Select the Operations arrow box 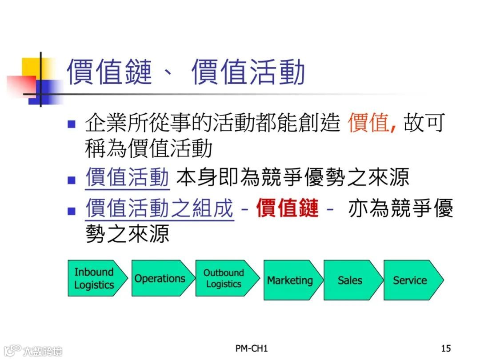pos(160,278)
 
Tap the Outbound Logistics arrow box pos(224,278)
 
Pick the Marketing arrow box pos(290,280)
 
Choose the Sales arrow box pos(350,280)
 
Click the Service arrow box pos(410,280)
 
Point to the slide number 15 pos(446,348)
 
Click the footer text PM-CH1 pos(252,348)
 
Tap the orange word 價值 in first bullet pos(368,123)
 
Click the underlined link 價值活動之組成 pos(159,208)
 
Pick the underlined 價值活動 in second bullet pos(127,178)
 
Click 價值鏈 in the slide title pos(109,72)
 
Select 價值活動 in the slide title pos(248,72)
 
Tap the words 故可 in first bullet pos(424,123)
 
